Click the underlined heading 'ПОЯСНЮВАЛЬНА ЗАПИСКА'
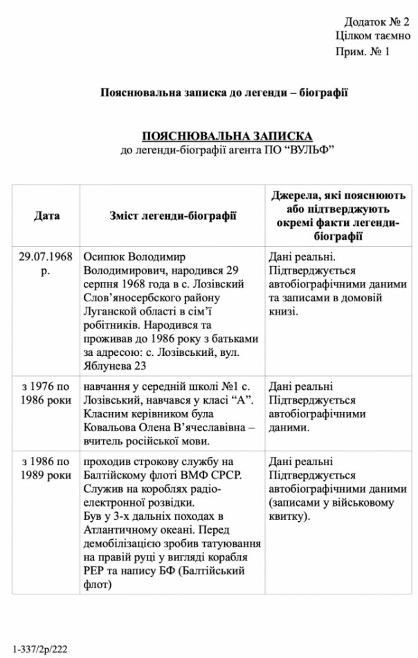click(x=227, y=136)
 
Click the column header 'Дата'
click(x=46, y=216)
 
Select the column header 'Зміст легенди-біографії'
click(x=172, y=216)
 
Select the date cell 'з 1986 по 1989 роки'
click(x=46, y=468)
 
